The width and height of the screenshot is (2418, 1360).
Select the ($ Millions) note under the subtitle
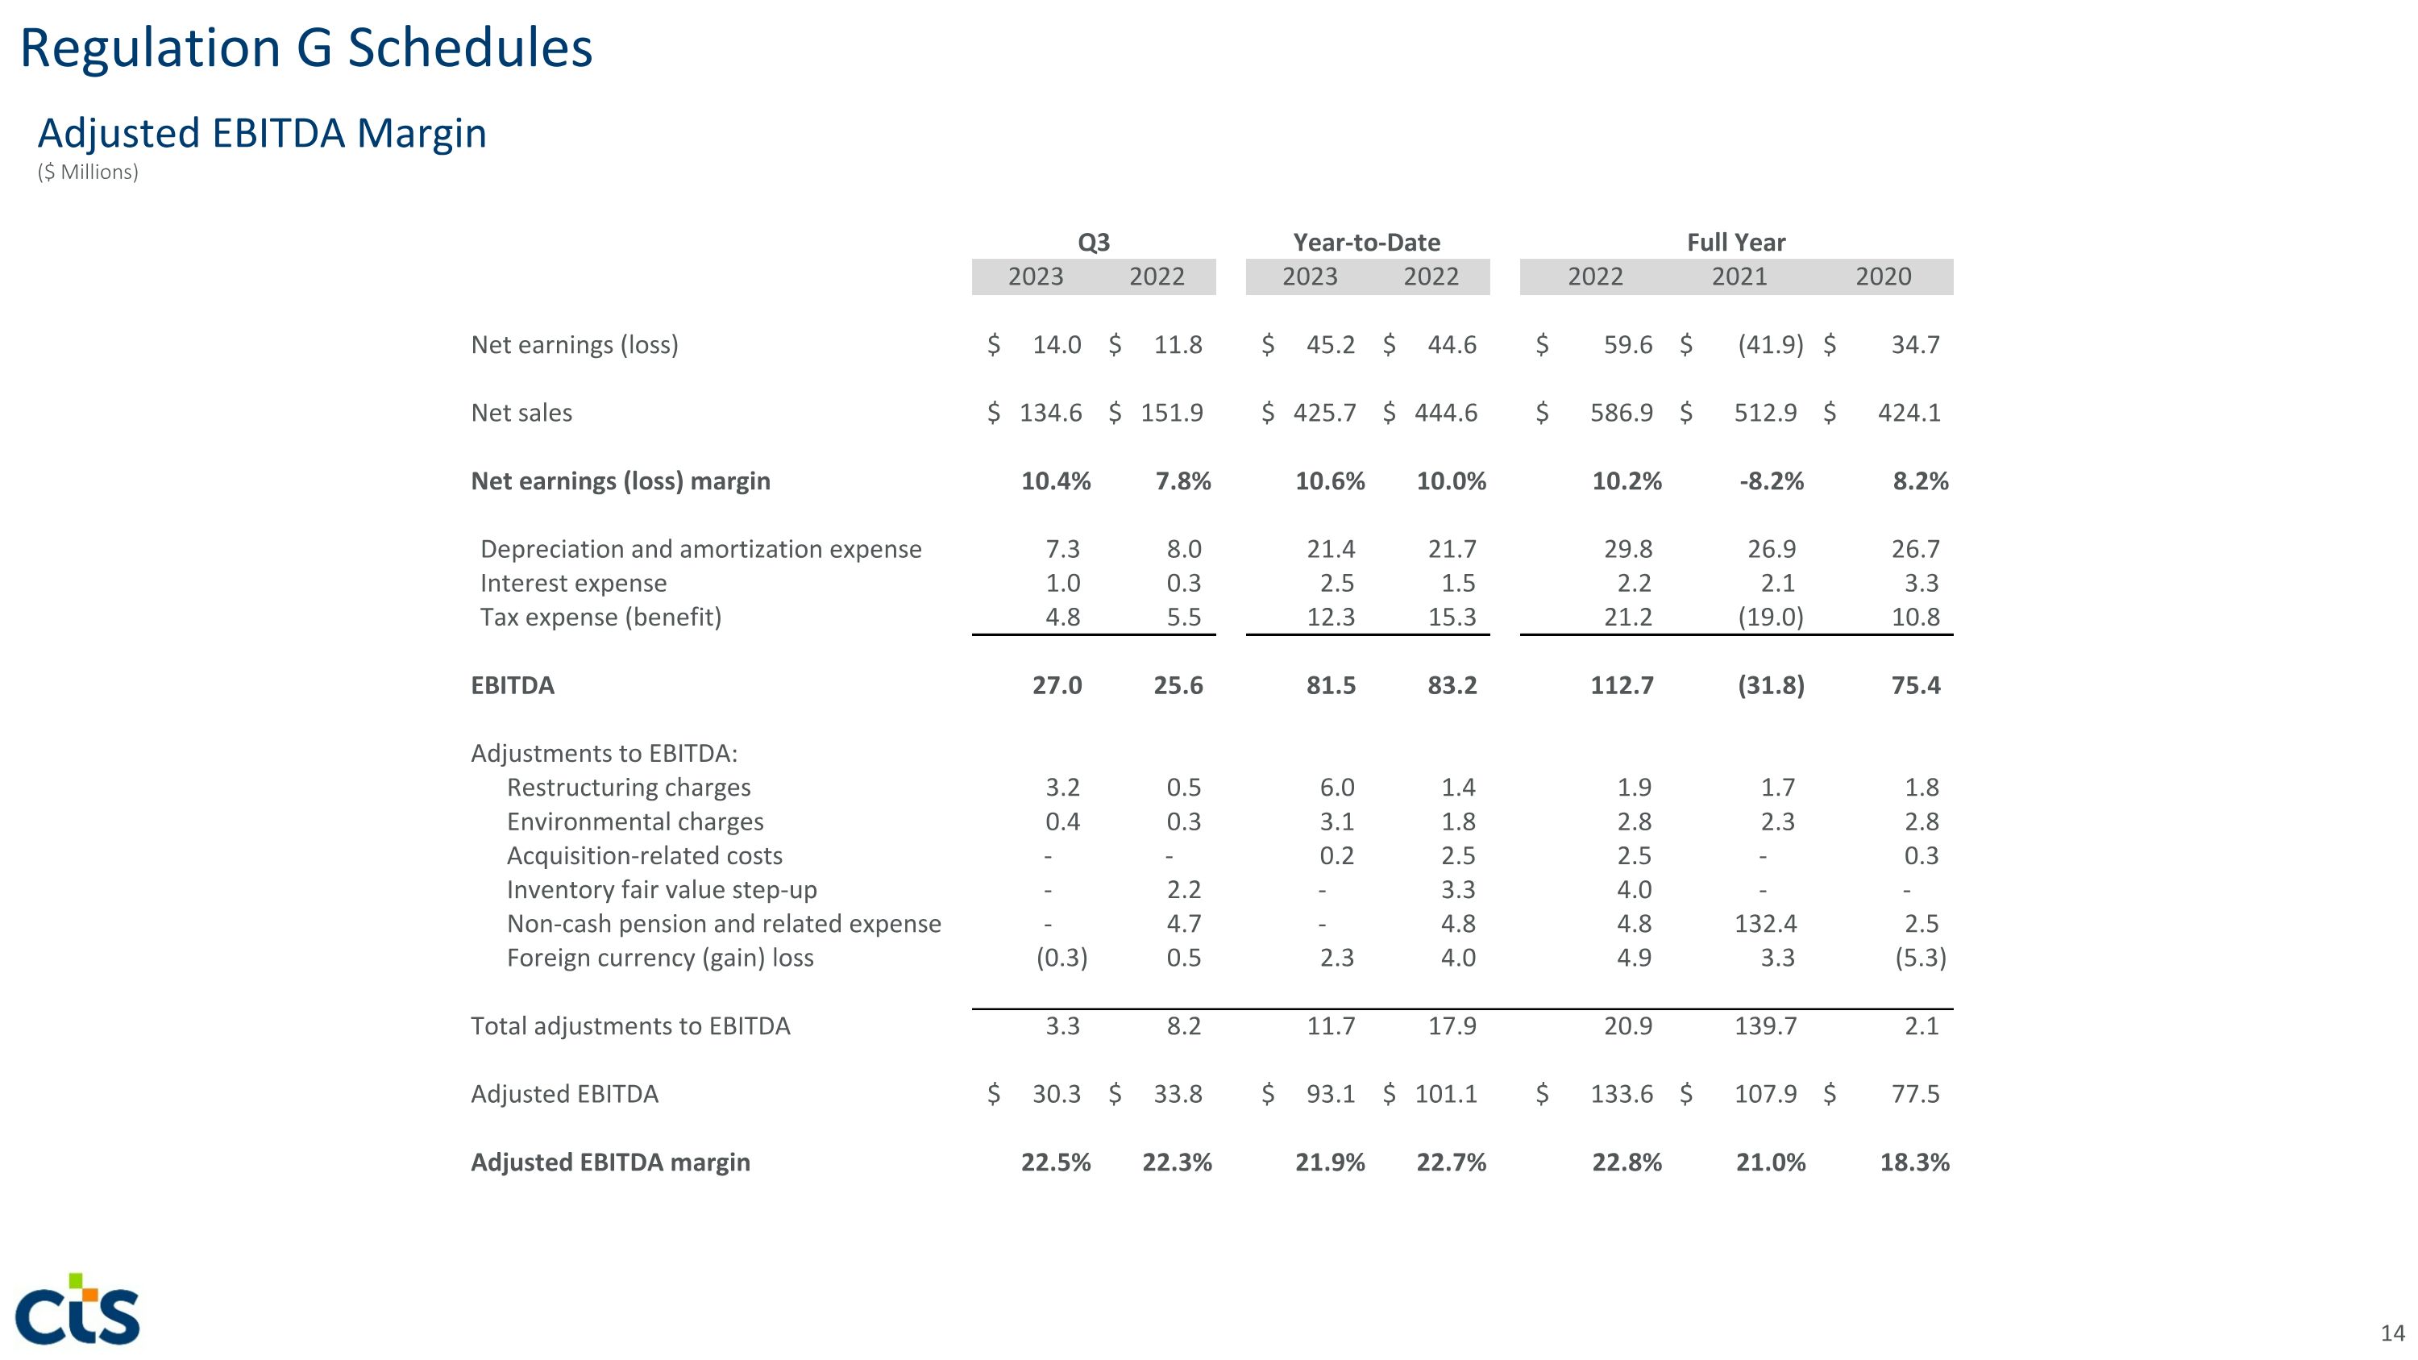point(88,173)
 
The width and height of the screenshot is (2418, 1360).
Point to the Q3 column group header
point(1094,242)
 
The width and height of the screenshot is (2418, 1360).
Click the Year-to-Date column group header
point(1367,242)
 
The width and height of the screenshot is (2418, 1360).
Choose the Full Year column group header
point(1735,242)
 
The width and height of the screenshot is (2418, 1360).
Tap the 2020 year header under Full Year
point(1883,277)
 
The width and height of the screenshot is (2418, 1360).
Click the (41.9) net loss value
point(1770,344)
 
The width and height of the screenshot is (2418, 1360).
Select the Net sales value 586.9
point(1621,413)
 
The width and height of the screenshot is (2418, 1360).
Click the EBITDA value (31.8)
point(1770,685)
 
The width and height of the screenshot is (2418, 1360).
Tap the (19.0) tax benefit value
point(1770,618)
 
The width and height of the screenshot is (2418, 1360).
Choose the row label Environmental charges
point(634,822)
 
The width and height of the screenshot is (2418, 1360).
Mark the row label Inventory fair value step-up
point(662,890)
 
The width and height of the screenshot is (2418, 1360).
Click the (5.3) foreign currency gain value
point(1921,959)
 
